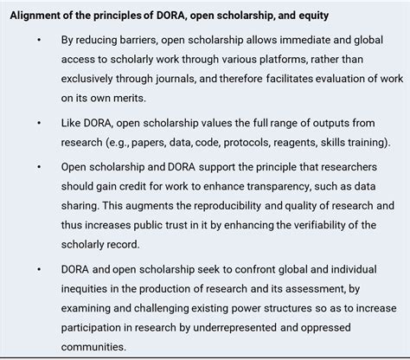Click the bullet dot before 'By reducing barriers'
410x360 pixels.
tap(40, 41)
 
